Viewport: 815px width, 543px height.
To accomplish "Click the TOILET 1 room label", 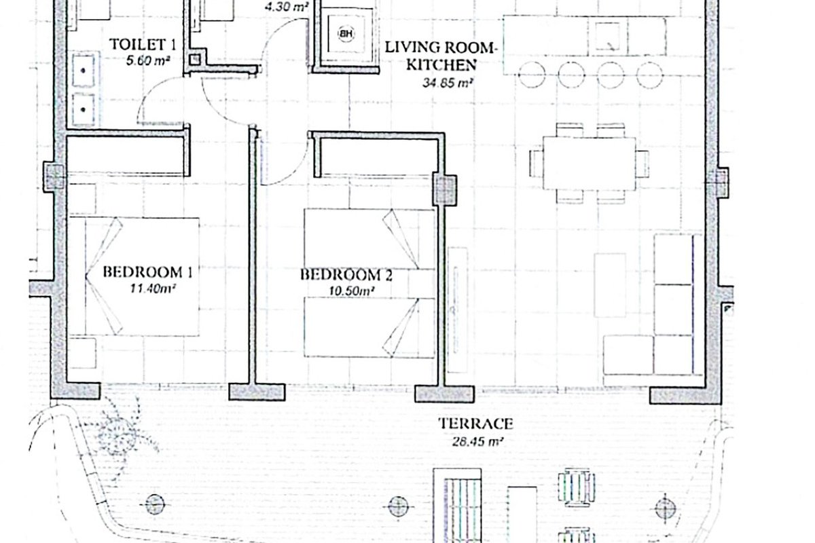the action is click(x=143, y=45).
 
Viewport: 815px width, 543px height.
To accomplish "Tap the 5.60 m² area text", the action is click(x=148, y=60).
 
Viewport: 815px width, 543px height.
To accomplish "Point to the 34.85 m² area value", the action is click(x=447, y=83).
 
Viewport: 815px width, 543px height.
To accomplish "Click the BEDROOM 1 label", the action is click(x=148, y=272).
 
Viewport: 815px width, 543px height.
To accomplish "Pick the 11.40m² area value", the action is click(x=153, y=288).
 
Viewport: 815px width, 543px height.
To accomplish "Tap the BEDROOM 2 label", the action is click(x=346, y=275).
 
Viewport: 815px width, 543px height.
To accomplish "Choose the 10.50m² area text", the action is click(x=352, y=291).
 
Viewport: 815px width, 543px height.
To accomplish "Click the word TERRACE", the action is click(x=475, y=424).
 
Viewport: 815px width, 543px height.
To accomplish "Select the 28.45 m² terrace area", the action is click(x=477, y=442).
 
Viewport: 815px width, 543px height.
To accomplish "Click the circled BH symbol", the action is click(x=346, y=34).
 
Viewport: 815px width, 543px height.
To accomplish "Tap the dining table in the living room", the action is click(x=590, y=164).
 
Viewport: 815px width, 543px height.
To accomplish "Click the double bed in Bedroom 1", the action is click(x=134, y=277).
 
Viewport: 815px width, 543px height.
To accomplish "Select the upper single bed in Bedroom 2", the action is click(x=369, y=239).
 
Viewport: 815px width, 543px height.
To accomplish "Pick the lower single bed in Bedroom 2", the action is click(x=369, y=328).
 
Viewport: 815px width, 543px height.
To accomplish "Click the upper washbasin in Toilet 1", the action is click(x=84, y=70).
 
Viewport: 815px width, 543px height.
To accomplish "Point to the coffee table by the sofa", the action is click(x=610, y=285).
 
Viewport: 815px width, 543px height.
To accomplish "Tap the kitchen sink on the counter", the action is click(x=608, y=37).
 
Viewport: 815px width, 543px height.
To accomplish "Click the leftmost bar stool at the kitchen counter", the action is click(x=532, y=75).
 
